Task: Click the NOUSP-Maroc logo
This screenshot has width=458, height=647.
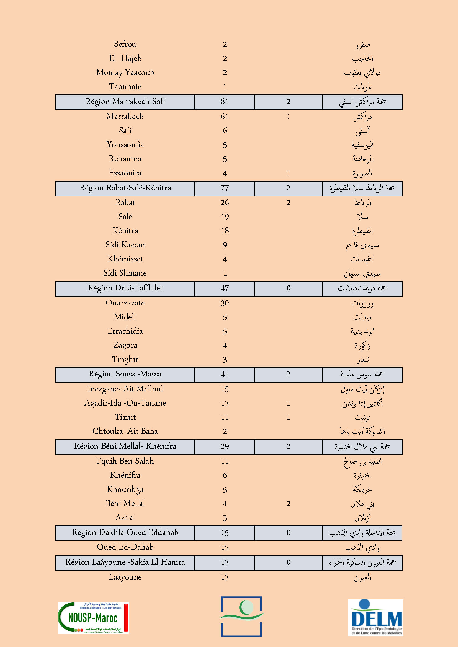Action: pyautogui.click(x=93, y=618)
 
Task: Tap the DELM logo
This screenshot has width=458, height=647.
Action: pyautogui.click(x=375, y=617)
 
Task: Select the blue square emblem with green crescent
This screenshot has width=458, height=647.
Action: pyautogui.click(x=241, y=617)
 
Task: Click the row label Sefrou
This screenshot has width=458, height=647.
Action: pyautogui.click(x=125, y=44)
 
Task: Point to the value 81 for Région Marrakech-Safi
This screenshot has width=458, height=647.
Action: pyautogui.click(x=225, y=102)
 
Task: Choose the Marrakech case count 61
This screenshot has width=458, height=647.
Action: pyautogui.click(x=225, y=116)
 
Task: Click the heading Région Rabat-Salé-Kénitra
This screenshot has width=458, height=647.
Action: pyautogui.click(x=125, y=188)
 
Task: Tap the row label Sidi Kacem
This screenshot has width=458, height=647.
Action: pyautogui.click(x=125, y=245)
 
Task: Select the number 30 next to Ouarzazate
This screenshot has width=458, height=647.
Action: pyautogui.click(x=225, y=303)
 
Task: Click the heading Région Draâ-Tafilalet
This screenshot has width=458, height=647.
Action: pyautogui.click(x=125, y=288)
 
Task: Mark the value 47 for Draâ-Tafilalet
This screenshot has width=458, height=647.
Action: pyautogui.click(x=225, y=288)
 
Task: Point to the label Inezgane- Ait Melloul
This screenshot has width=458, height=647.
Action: pyautogui.click(x=125, y=389)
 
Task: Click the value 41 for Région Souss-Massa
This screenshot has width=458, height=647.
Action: pyautogui.click(x=225, y=374)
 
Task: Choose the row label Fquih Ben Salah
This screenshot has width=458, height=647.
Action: pyautogui.click(x=125, y=461)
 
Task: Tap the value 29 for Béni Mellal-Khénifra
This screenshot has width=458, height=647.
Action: pyautogui.click(x=225, y=446)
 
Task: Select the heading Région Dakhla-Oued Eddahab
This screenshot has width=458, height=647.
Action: pyautogui.click(x=125, y=532)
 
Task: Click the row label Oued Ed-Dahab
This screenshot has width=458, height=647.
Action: pyautogui.click(x=125, y=547)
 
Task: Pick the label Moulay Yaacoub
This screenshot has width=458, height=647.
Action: pyautogui.click(x=125, y=73)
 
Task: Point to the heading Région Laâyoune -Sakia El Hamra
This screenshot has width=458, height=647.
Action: pyautogui.click(x=125, y=562)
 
